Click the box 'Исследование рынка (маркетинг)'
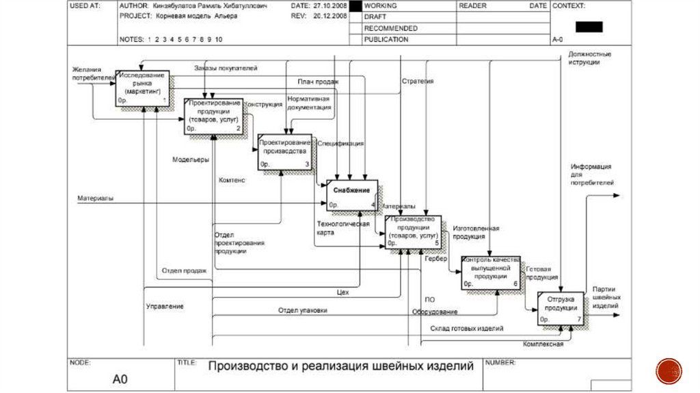(x=142, y=87)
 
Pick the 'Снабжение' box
(x=352, y=194)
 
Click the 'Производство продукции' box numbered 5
(x=412, y=231)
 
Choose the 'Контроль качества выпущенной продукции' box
(x=490, y=272)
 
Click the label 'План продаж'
(x=319, y=81)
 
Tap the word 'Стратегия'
(x=417, y=81)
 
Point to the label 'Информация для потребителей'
(x=591, y=174)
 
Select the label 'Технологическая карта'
(x=343, y=228)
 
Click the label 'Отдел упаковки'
(x=302, y=310)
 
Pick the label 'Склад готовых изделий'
(x=467, y=329)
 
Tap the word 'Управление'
(x=165, y=306)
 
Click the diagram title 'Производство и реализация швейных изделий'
(x=341, y=366)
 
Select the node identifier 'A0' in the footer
(x=120, y=379)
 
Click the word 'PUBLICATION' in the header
(x=386, y=39)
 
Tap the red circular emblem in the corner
(x=669, y=370)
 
